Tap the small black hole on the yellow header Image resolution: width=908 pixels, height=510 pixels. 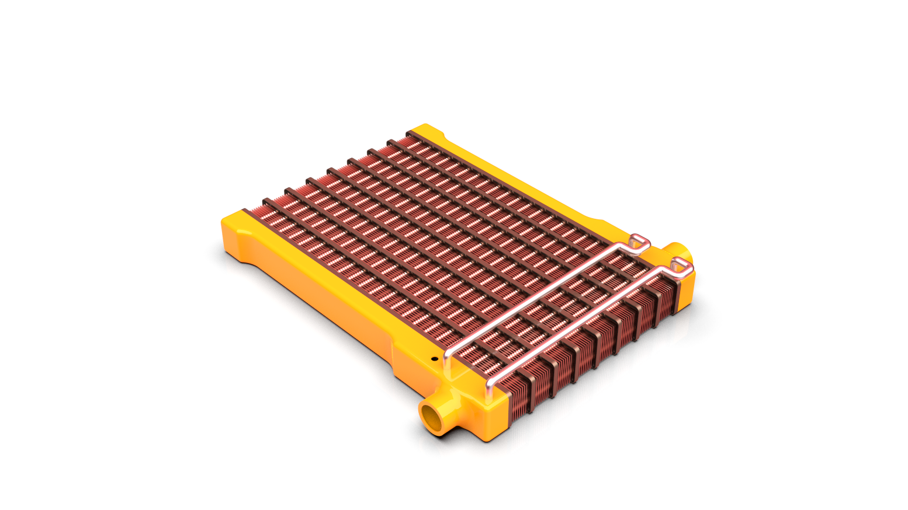(x=434, y=359)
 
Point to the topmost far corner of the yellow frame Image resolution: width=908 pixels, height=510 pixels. (x=424, y=127)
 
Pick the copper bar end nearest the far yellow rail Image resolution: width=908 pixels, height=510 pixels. (x=411, y=135)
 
